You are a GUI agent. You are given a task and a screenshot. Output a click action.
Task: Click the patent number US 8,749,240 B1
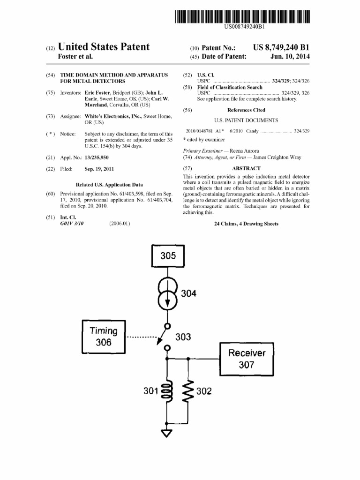(281, 48)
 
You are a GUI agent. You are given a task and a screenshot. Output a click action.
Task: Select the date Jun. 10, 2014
(290, 57)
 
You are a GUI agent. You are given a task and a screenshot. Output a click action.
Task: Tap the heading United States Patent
(103, 47)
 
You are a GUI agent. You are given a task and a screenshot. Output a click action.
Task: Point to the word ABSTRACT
(246, 168)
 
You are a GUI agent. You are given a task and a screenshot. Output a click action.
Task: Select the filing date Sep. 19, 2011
(99, 169)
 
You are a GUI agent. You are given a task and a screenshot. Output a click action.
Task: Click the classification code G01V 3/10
(72, 224)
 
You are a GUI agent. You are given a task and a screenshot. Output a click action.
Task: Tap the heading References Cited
(246, 110)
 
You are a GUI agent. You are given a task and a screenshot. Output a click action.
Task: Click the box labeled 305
(167, 256)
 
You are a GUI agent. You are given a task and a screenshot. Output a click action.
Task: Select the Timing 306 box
(103, 337)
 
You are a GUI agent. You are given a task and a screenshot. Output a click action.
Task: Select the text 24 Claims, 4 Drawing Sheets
(246, 224)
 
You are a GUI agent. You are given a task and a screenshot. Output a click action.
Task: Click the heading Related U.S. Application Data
(109, 185)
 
